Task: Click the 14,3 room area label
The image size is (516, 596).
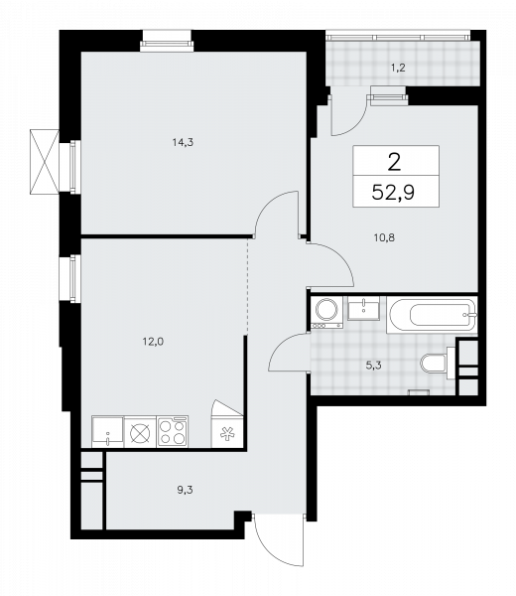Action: coord(183,142)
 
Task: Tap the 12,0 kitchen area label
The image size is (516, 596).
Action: coord(153,342)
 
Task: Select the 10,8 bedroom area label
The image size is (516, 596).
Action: coord(384,238)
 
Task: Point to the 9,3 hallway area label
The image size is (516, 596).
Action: coord(185,490)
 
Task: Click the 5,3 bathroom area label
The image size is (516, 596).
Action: coord(373,366)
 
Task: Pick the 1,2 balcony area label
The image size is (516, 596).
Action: coord(398,68)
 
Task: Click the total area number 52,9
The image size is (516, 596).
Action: coord(393,193)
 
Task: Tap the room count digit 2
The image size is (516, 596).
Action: coord(395,162)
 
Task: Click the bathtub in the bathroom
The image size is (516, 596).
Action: coord(432,315)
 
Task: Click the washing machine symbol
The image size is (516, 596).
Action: coord(326,313)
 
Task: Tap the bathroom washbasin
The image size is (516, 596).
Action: coord(363,309)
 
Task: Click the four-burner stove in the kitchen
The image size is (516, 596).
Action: coord(173,431)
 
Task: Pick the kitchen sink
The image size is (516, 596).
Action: coord(107,431)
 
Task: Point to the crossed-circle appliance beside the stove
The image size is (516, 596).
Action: coord(140,432)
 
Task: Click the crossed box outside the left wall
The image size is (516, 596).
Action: coord(45,161)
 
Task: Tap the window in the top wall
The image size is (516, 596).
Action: coord(167,41)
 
